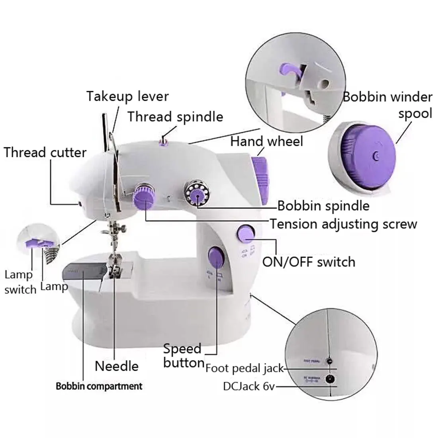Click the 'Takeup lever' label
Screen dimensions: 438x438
tap(127, 96)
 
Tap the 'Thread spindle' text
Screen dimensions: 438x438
tap(175, 117)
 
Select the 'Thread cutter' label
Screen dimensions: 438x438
tap(45, 153)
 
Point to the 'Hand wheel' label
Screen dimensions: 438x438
tap(267, 141)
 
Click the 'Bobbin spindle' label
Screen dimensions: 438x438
tap(323, 206)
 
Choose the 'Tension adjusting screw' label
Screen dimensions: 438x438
tap(344, 224)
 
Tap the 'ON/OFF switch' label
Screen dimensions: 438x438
tap(309, 262)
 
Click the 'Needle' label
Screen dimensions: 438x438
tap(117, 366)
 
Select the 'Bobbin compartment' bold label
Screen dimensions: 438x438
tap(99, 386)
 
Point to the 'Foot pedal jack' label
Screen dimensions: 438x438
tap(244, 368)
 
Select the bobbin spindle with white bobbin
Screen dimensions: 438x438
tap(196, 194)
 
